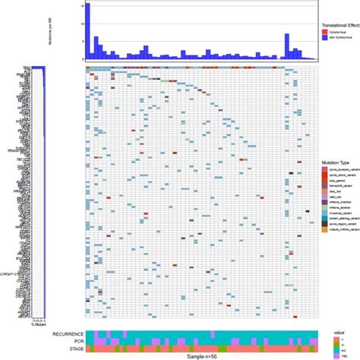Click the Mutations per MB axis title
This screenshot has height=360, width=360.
point(71,30)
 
